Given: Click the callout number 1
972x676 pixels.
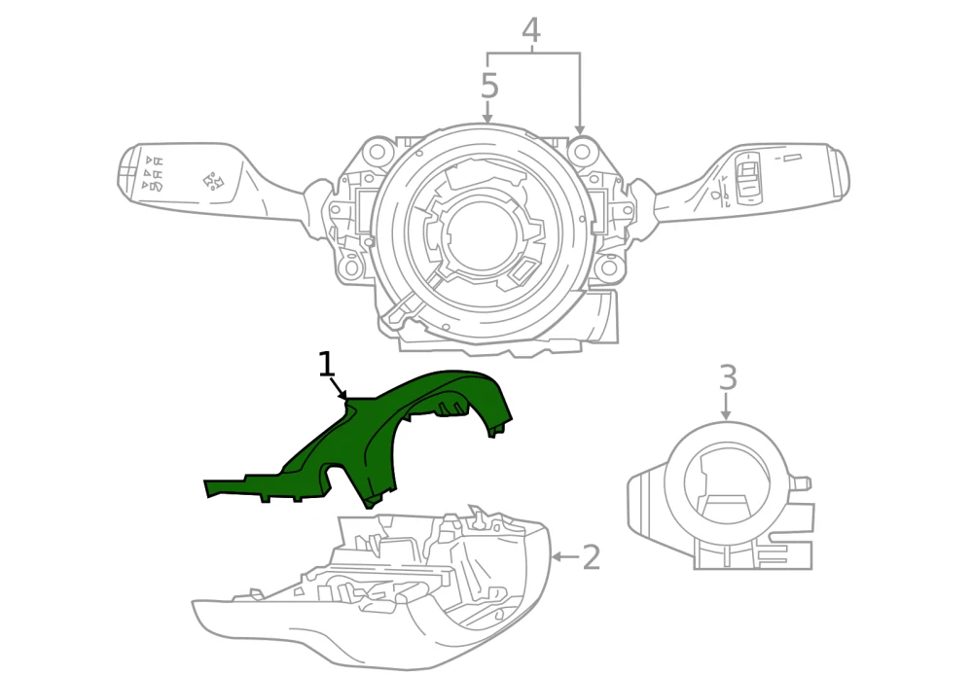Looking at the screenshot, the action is coord(327,365).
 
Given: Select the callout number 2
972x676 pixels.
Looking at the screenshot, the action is coord(592,557).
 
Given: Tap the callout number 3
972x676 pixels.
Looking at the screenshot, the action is coord(728,378).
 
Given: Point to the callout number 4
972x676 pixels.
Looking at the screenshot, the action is coord(531,30).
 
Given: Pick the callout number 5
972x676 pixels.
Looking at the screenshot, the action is coord(489,86).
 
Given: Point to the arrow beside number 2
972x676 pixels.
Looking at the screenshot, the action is coord(565,557).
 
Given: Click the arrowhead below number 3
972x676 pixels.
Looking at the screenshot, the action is coord(726,415).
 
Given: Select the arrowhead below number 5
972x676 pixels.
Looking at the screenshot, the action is coord(488,118).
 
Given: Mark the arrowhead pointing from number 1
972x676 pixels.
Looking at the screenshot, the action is coord(342,395).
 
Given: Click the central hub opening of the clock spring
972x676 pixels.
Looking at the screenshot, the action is coord(479,234).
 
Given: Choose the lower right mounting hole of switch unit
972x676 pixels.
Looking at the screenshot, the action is coord(608,267).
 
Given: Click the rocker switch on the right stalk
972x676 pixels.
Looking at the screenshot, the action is coord(747,177).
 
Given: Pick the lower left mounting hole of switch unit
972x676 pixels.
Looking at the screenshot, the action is coord(351,267).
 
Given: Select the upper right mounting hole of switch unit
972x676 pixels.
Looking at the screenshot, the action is coord(582,151).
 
